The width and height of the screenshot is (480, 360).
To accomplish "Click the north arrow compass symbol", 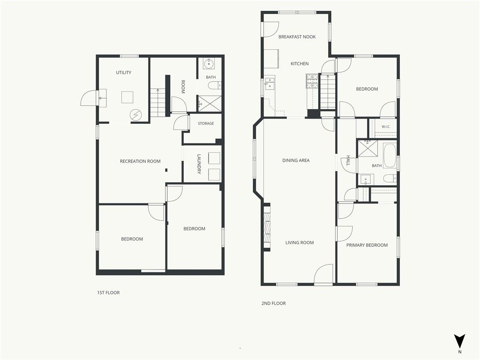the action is click(x=459, y=341).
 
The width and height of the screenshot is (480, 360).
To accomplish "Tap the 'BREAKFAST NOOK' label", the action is click(x=297, y=37).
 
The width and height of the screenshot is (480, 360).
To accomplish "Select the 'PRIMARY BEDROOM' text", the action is click(x=367, y=245).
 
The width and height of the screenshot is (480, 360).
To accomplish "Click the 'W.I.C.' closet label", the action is click(x=386, y=127).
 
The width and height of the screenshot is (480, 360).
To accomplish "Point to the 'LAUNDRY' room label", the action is click(x=199, y=164).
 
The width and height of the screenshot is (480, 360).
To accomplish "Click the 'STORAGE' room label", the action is click(x=206, y=123).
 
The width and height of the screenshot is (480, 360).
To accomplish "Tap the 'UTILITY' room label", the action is click(x=123, y=73).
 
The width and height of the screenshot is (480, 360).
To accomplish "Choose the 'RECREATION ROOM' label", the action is click(x=140, y=161).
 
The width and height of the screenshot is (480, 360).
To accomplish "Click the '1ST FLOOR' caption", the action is click(x=108, y=292).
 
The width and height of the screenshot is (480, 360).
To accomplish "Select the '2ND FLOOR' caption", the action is click(x=273, y=303).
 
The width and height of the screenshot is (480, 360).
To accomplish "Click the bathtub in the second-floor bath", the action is click(x=390, y=155).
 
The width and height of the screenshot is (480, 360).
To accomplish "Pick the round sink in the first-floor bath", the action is click(x=209, y=64).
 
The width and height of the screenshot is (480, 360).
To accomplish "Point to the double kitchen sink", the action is click(x=270, y=82).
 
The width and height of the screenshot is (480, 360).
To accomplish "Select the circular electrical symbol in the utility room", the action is click(x=135, y=115).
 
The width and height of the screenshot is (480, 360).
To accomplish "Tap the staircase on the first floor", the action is click(x=157, y=103).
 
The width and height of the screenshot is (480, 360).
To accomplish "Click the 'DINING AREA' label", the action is click(x=296, y=160).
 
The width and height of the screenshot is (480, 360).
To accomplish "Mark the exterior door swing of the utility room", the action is click(x=89, y=98).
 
